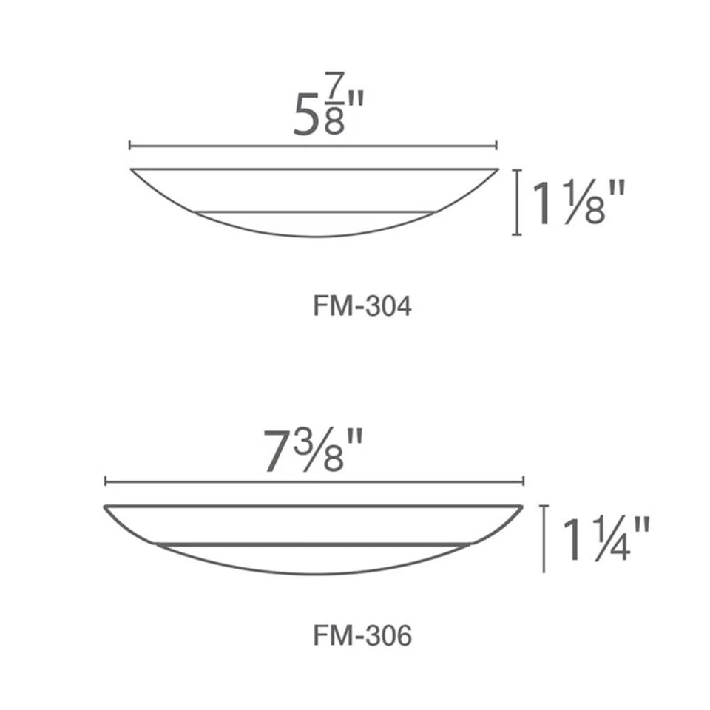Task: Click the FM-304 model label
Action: tap(362, 306)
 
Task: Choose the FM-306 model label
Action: tap(362, 635)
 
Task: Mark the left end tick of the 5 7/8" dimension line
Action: tap(130, 146)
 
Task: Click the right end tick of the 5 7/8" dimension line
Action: tap(497, 146)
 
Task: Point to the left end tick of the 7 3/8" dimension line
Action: tap(106, 481)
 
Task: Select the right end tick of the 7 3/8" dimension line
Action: tap(524, 481)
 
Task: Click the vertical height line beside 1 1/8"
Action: tap(516, 202)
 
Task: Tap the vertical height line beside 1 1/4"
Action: tap(544, 538)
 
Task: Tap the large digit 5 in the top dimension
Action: tap(306, 117)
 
